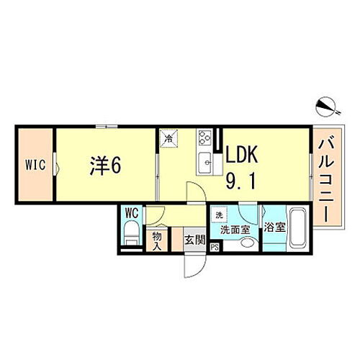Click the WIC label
click(36, 165)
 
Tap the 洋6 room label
click(104, 165)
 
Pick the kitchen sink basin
click(204, 162)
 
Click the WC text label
click(131, 213)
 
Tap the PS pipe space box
click(214, 246)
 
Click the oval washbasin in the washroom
click(248, 243)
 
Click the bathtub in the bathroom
click(296, 229)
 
